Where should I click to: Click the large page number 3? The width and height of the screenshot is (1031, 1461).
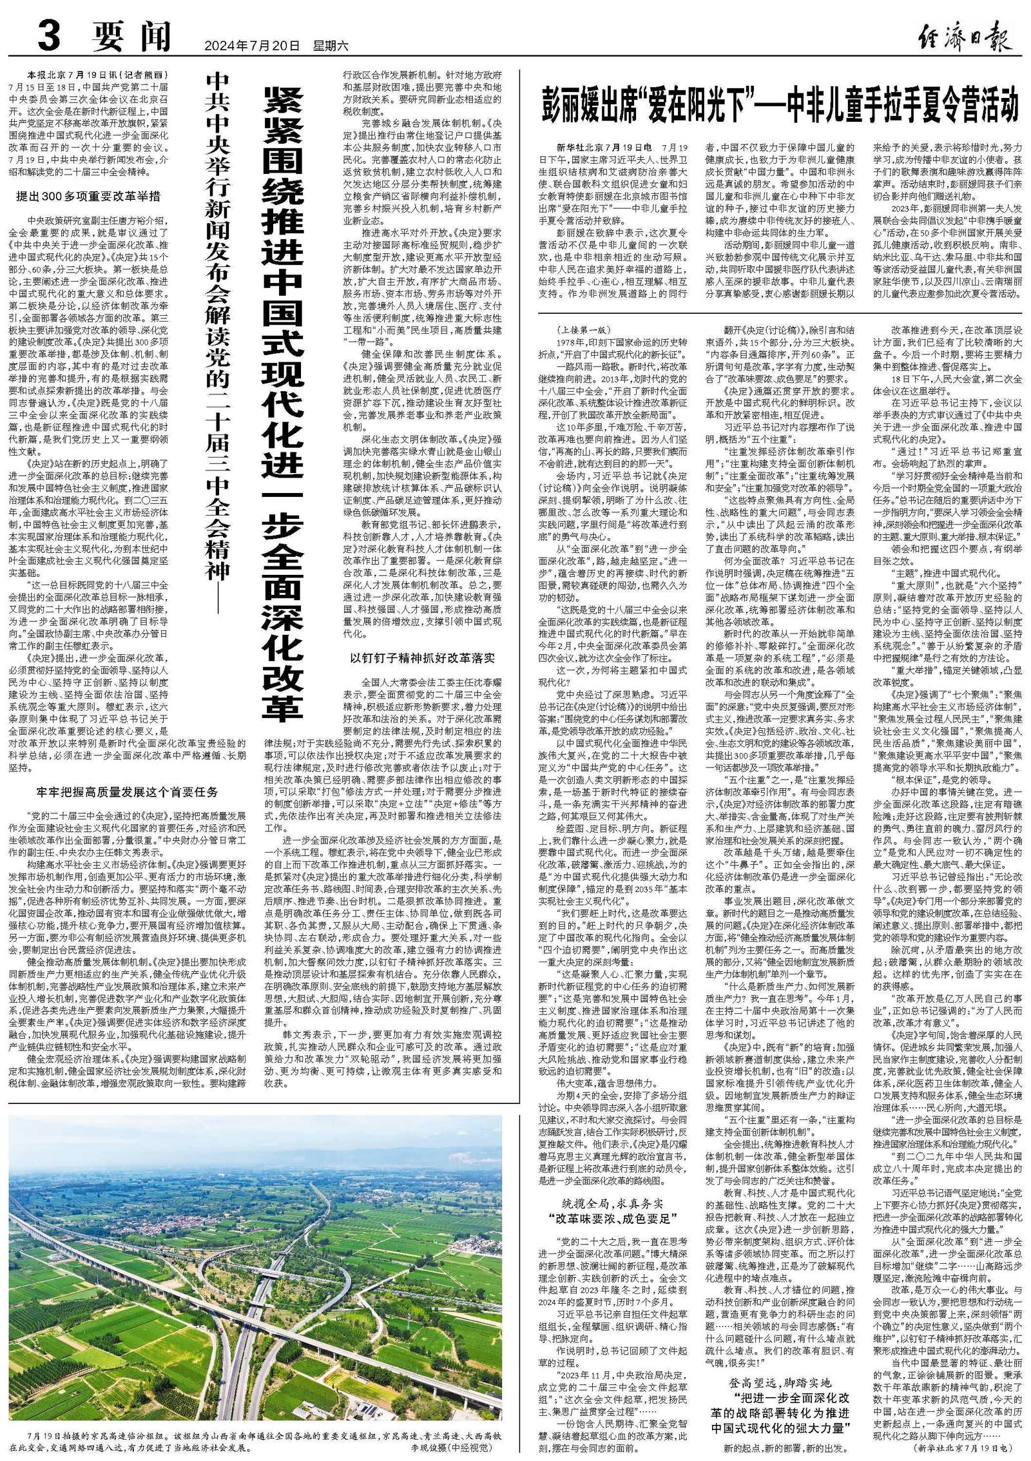[x=52, y=37]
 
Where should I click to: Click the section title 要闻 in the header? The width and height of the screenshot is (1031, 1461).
[x=132, y=37]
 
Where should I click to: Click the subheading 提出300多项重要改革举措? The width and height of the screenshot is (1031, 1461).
[x=88, y=196]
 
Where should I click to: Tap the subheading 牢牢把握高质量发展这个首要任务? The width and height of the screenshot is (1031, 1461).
[x=127, y=791]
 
